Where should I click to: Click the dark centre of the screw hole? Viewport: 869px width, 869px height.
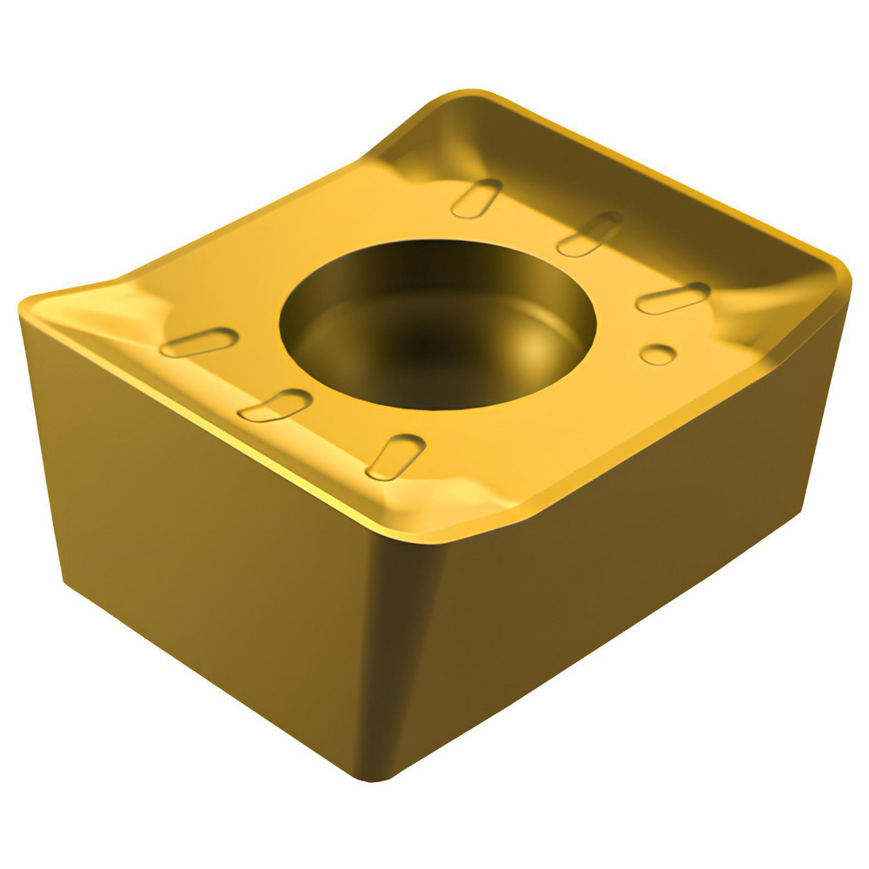click(434, 335)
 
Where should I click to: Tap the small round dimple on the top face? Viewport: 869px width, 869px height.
click(658, 355)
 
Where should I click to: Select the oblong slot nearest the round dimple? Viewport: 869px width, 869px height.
click(673, 298)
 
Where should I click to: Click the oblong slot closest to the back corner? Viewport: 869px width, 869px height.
click(476, 198)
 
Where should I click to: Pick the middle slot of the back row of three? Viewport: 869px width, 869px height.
click(589, 234)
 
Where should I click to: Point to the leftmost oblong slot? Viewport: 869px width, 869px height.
click(199, 342)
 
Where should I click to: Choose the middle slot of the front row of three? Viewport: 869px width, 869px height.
click(275, 405)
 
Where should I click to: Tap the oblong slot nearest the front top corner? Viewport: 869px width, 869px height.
click(395, 456)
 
